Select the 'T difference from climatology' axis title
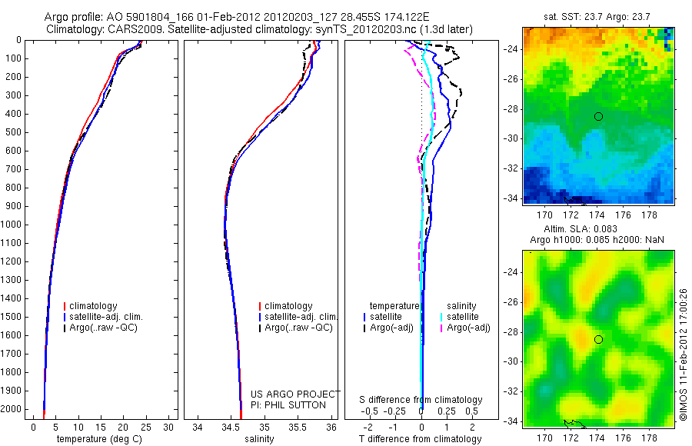point(421,439)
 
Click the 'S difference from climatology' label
point(421,400)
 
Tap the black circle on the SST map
point(598,116)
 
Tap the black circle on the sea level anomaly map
point(598,339)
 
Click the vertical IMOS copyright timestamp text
point(683,338)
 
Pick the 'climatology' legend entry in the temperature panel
point(95,306)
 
